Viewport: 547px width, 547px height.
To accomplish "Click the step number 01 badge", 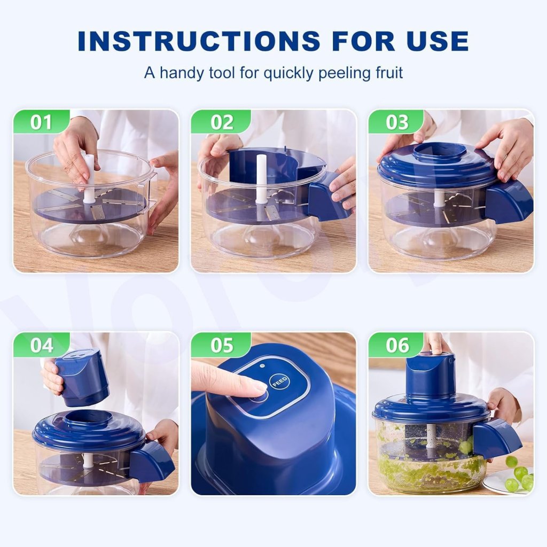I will click(x=41, y=122).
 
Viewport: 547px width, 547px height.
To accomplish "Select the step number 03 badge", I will click(x=397, y=122).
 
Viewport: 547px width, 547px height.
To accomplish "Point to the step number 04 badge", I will click(x=41, y=345).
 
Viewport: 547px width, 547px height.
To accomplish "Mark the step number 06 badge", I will click(x=397, y=345).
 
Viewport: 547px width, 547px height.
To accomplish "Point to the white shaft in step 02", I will click(x=261, y=179).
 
